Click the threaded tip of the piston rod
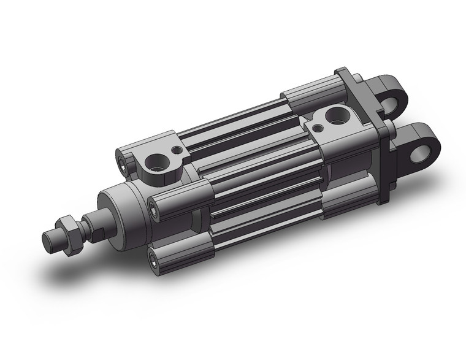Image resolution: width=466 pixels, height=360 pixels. tap(52, 239)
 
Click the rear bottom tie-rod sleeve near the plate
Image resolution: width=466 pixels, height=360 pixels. tap(343, 202)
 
